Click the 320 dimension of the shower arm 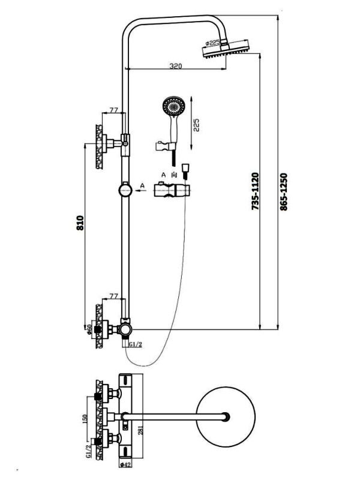click(x=175, y=65)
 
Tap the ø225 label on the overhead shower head click(x=213, y=43)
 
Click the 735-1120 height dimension click(x=254, y=190)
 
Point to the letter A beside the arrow click(x=142, y=184)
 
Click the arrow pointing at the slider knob click(x=140, y=191)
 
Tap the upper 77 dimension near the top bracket click(x=113, y=110)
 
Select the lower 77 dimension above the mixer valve click(x=113, y=295)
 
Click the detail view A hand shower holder click(x=171, y=191)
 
